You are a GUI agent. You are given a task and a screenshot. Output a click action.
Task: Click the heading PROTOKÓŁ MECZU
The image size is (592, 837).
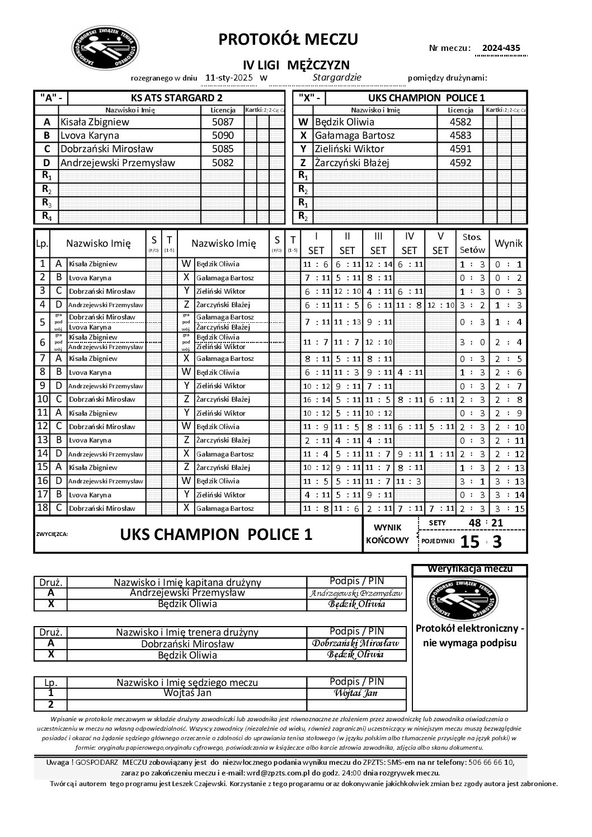288,39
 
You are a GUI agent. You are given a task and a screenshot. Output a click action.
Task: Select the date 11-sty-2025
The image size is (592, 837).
229,78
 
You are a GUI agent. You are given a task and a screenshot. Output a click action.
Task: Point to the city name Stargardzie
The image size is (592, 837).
337,77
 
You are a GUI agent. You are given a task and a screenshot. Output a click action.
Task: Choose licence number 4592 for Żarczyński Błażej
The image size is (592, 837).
461,163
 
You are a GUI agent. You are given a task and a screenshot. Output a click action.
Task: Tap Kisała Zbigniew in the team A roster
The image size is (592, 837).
95,122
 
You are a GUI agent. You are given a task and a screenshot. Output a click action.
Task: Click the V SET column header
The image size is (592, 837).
440,243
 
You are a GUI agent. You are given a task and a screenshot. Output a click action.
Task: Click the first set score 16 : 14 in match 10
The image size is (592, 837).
316,399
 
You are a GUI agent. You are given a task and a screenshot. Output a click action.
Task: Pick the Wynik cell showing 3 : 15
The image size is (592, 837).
509,509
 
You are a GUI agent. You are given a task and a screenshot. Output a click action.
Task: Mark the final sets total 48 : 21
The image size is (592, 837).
485,523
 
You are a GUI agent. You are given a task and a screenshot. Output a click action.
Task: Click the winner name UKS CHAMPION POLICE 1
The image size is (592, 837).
216,534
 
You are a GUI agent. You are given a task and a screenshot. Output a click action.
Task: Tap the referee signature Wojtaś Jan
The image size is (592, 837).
356,693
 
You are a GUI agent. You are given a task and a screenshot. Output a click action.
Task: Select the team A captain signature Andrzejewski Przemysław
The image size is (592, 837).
356,593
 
